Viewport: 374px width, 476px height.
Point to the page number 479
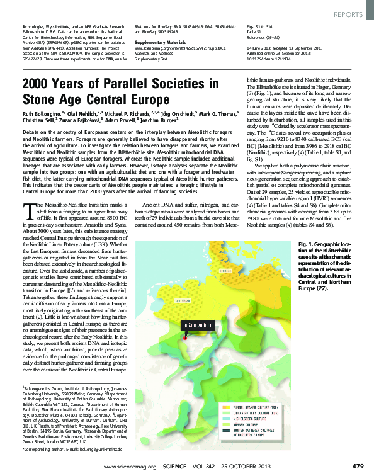[x=358, y=466]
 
